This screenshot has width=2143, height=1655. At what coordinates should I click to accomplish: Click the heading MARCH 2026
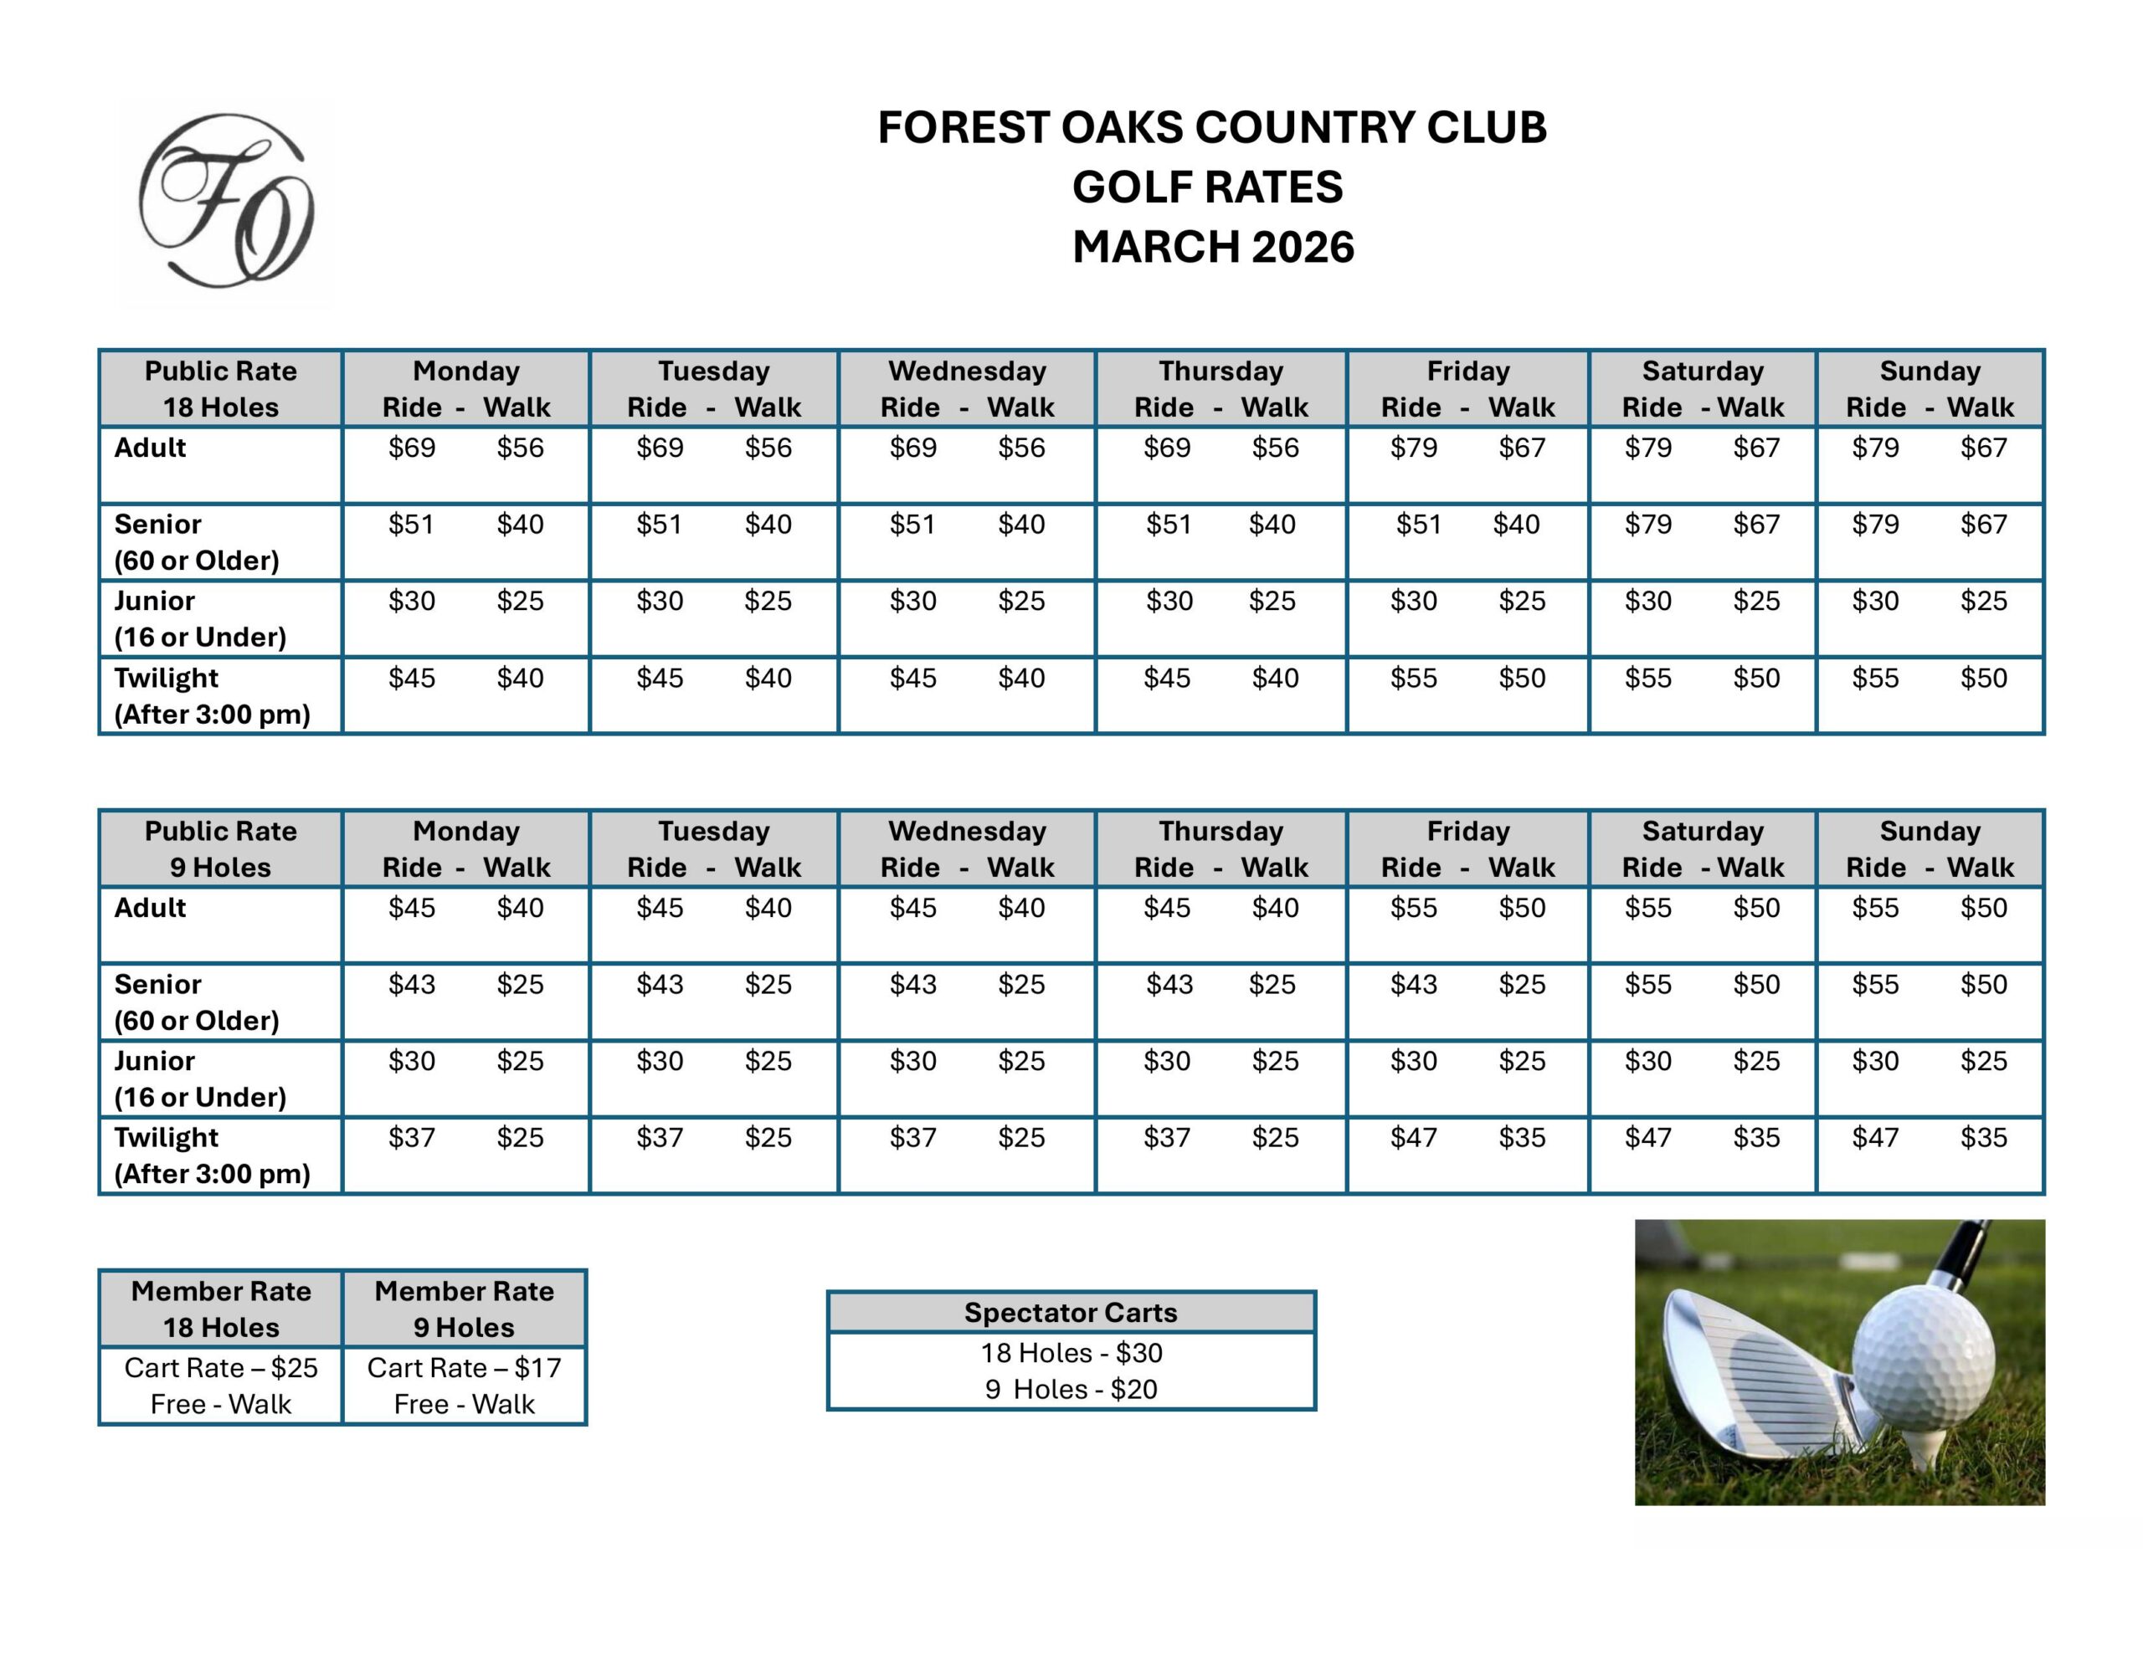(x=1213, y=247)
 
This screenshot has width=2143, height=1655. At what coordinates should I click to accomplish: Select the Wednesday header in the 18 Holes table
(x=967, y=371)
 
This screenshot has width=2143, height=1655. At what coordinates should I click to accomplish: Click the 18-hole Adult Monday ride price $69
(x=412, y=448)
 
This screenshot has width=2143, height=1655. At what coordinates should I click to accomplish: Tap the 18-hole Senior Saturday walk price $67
(x=1756, y=525)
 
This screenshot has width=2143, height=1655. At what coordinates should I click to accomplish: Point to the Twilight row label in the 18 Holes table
(x=166, y=679)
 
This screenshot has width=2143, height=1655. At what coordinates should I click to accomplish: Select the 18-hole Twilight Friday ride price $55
(x=1414, y=679)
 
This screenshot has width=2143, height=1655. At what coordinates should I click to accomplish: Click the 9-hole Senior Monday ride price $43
(x=412, y=985)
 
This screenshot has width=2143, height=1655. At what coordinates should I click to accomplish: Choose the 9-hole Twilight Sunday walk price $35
(x=1983, y=1138)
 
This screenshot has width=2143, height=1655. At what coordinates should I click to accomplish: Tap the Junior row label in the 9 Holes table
(x=154, y=1062)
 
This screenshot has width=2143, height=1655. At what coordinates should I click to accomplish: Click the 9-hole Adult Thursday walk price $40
(x=1275, y=909)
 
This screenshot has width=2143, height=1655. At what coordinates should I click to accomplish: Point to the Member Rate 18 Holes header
(x=221, y=1309)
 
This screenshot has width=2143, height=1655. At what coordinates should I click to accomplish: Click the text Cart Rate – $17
(x=464, y=1369)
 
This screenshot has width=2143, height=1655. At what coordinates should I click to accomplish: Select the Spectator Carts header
(x=1071, y=1313)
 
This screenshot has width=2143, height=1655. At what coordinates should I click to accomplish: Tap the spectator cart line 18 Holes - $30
(x=1071, y=1354)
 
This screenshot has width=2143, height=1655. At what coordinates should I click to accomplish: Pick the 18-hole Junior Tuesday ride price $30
(x=660, y=602)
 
